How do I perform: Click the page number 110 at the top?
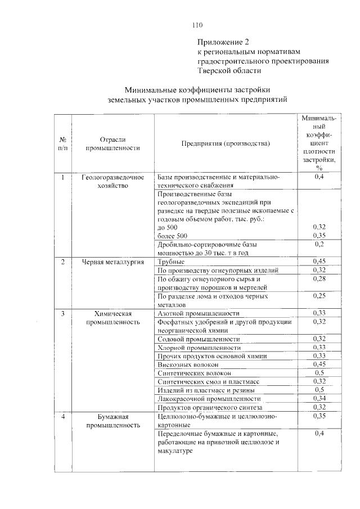(x=196, y=25)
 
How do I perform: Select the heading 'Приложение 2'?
(x=222, y=42)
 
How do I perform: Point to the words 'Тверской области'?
(x=229, y=71)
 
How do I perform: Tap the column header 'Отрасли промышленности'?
(x=112, y=143)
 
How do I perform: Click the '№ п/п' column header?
(x=63, y=143)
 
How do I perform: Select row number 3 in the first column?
(x=63, y=313)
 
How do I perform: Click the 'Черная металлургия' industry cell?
(x=112, y=262)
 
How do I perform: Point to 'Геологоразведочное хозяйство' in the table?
(x=112, y=181)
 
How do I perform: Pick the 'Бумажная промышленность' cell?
(x=112, y=421)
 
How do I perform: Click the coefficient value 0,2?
(x=319, y=244)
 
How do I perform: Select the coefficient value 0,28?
(x=319, y=279)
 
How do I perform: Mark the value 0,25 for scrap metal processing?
(x=319, y=296)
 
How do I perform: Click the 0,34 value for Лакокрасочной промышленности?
(x=319, y=398)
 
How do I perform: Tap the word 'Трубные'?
(x=171, y=262)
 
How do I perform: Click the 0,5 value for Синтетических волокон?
(x=319, y=373)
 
